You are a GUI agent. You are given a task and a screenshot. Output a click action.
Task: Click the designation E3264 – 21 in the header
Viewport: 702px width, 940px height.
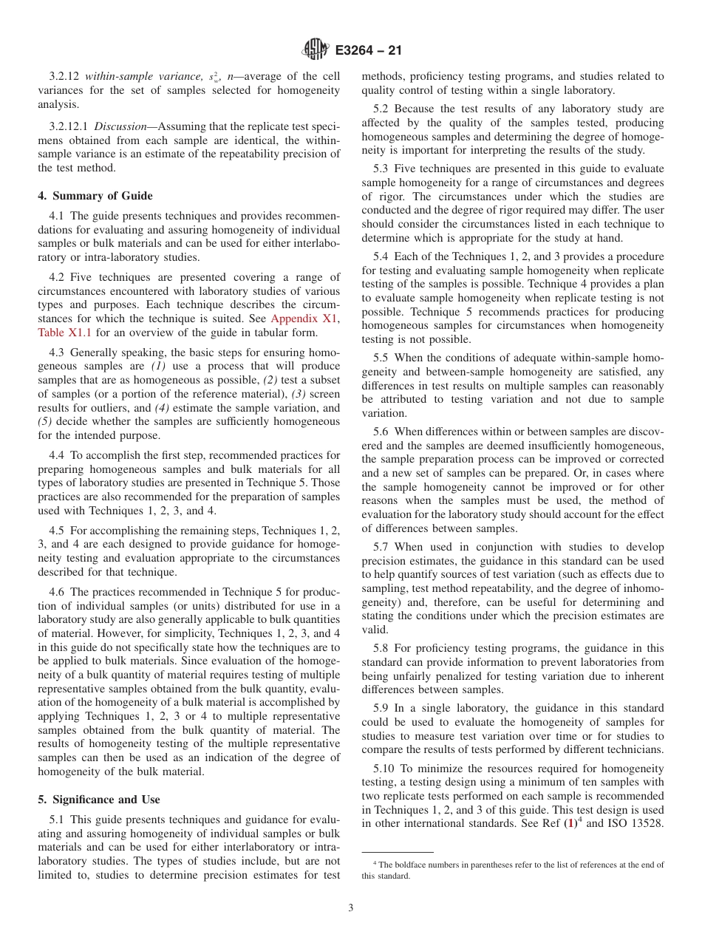368,51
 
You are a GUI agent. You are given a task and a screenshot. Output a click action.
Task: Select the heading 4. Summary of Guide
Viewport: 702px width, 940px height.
95,196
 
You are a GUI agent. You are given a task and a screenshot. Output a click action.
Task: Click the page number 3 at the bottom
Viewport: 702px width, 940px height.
351,907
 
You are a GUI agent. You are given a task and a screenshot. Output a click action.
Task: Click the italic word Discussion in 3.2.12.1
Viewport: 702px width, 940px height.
124,126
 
